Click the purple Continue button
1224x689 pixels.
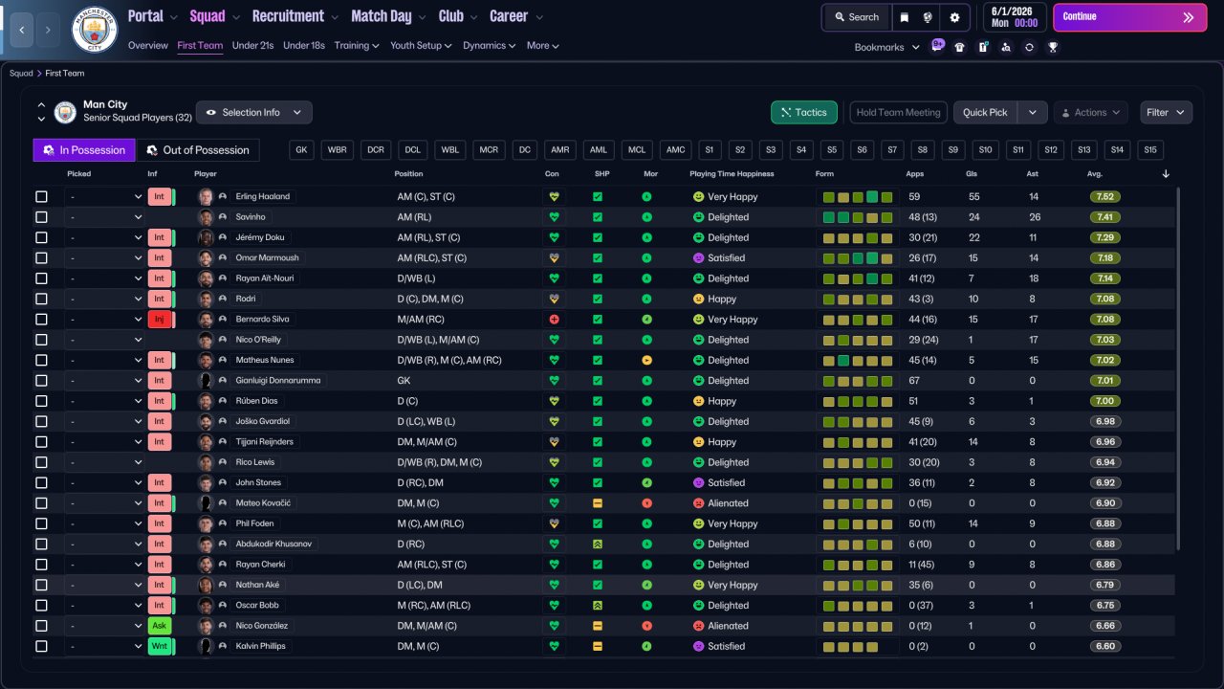pyautogui.click(x=1129, y=17)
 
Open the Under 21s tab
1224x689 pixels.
pyautogui.click(x=252, y=45)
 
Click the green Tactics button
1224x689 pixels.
pyautogui.click(x=804, y=112)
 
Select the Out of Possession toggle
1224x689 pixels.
pyautogui.click(x=198, y=150)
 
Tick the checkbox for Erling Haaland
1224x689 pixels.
pyautogui.click(x=41, y=197)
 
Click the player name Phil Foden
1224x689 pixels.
pyautogui.click(x=254, y=523)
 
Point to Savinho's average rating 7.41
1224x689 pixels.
pyautogui.click(x=1104, y=217)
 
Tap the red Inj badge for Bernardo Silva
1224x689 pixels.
pyautogui.click(x=159, y=320)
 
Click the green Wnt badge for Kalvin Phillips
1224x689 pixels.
pyautogui.click(x=159, y=646)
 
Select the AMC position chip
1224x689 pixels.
pyautogui.click(x=675, y=150)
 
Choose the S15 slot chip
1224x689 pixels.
pyautogui.click(x=1150, y=150)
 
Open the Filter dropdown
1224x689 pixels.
pyautogui.click(x=1166, y=112)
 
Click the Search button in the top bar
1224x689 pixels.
pyautogui.click(x=857, y=17)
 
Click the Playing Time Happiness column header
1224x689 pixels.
pyautogui.click(x=732, y=174)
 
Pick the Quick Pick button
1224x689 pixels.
pyautogui.click(x=985, y=112)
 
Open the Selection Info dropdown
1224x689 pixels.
pyautogui.click(x=254, y=112)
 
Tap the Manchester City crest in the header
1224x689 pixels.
pyautogui.click(x=95, y=29)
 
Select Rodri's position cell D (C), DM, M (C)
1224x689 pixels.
pyautogui.click(x=430, y=300)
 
